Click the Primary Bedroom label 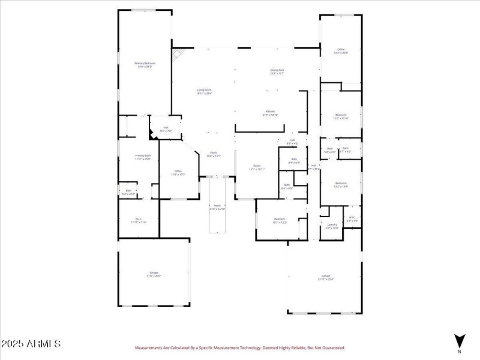tap(145, 64)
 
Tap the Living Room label tap(205, 91)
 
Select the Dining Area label tap(277, 71)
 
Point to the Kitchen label tap(271, 112)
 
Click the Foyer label tap(213, 154)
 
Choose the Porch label tap(217, 208)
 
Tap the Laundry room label tap(332, 226)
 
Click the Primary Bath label tap(143, 157)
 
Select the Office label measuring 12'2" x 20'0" tap(341, 51)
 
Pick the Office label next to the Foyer tap(178, 172)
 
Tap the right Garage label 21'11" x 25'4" tap(325, 277)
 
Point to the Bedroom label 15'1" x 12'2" tap(280, 220)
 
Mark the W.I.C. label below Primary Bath tap(139, 220)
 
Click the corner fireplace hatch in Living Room tap(176, 54)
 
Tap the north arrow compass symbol tap(460, 340)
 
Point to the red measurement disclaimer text tap(239, 347)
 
